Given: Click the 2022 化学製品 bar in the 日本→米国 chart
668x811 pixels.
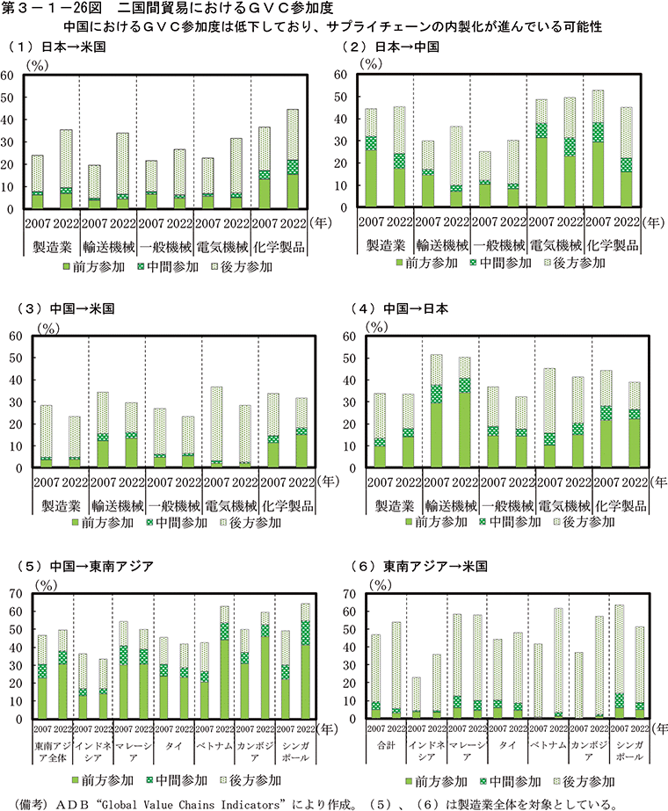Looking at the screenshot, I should coord(292,159).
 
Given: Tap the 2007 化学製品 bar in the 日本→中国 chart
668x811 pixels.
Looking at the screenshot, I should coord(598,150).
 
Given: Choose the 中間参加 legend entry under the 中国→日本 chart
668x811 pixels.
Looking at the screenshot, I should coord(513,522).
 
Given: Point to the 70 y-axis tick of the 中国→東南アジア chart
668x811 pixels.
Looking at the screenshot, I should coord(11,594).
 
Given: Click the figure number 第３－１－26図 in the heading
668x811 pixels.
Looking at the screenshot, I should coord(54,10).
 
